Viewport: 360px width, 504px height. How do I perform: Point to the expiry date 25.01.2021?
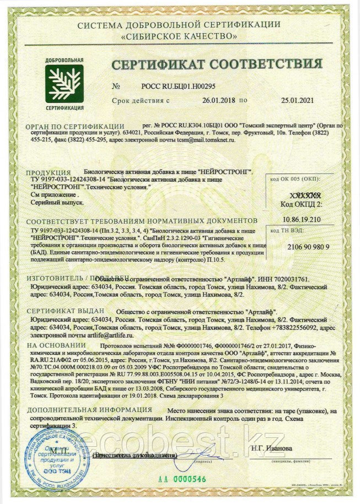300,101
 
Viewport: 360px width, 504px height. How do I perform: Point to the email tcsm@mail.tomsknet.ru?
203,141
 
